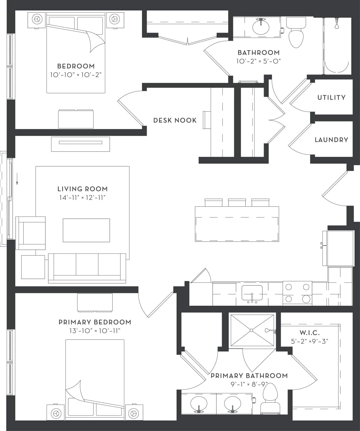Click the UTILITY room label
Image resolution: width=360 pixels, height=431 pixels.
(x=331, y=98)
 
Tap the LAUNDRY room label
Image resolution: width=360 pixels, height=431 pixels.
(x=331, y=140)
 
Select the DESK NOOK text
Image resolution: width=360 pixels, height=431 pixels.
(x=175, y=120)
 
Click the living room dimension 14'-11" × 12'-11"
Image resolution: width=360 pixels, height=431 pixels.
(x=83, y=198)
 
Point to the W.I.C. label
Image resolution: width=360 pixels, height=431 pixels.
(x=309, y=333)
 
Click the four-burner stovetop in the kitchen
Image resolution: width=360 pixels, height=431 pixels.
(x=297, y=293)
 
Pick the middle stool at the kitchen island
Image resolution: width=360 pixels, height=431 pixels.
(x=237, y=202)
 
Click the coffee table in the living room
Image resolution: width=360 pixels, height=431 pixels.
(x=86, y=230)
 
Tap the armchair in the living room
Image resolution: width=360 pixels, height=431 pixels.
(x=31, y=233)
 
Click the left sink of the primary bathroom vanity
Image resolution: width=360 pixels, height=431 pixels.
(x=199, y=403)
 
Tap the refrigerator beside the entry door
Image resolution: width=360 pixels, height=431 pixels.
(x=338, y=248)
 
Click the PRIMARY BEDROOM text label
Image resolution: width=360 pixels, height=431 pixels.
(x=95, y=322)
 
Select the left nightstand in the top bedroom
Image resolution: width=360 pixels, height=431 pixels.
(x=36, y=20)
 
